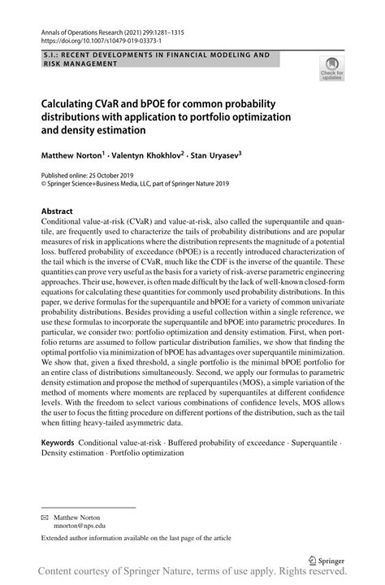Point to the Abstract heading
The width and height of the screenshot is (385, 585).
[57, 210]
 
